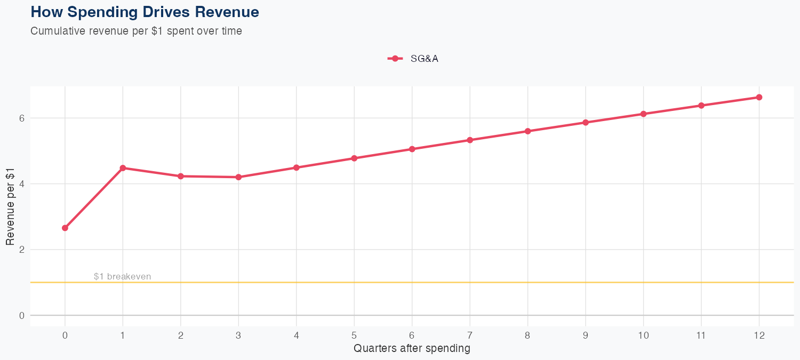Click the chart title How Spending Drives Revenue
click(x=145, y=12)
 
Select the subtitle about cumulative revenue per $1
click(x=136, y=31)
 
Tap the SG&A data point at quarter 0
click(x=65, y=228)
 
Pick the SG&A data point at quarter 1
click(x=123, y=168)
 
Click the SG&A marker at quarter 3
click(x=238, y=177)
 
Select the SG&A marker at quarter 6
click(x=412, y=149)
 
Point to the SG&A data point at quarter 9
click(x=586, y=123)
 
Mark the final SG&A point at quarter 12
click(x=759, y=97)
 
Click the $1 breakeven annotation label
click(x=122, y=276)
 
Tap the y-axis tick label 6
click(x=22, y=118)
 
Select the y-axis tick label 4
click(x=22, y=184)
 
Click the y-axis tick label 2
click(x=22, y=250)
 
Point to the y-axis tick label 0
click(x=22, y=315)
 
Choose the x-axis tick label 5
click(x=354, y=335)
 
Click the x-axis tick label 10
click(x=643, y=335)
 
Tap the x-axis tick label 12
click(x=759, y=335)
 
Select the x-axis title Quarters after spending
click(x=412, y=349)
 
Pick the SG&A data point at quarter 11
click(x=701, y=106)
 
